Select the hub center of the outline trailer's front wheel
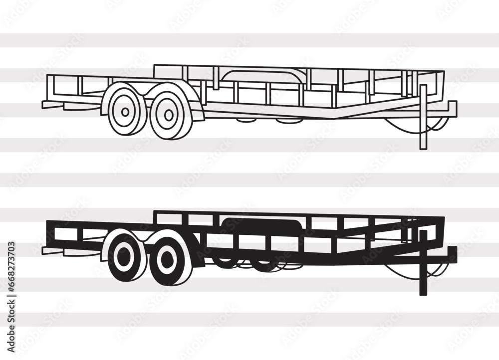pyautogui.click(x=169, y=115)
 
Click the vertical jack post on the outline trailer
pyautogui.click(x=423, y=117)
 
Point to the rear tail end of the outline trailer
pyautogui.click(x=47, y=105)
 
